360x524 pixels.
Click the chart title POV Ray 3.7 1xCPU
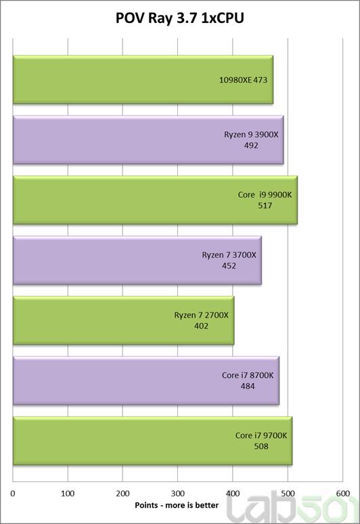[x=180, y=18]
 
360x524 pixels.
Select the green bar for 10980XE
[x=143, y=80]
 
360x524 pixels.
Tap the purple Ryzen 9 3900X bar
[x=148, y=140]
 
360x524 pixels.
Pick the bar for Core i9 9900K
[x=155, y=200]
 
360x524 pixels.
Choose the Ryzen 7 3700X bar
[x=137, y=260]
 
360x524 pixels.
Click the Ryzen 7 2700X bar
[x=123, y=320]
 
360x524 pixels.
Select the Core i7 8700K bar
[x=146, y=381]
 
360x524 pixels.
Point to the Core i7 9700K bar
[x=152, y=441]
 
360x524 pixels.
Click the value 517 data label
[x=265, y=206]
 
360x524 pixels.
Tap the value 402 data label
[x=202, y=326]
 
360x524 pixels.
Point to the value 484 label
[x=248, y=386]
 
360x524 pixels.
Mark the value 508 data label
[x=261, y=446]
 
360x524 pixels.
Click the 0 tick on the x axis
[x=13, y=494]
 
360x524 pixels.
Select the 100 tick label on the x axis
[x=68, y=494]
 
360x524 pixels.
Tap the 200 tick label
[x=122, y=494]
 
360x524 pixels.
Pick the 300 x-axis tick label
[x=178, y=494]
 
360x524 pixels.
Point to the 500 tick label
[x=288, y=494]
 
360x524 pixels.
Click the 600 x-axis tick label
[x=343, y=494]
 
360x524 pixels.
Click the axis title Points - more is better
[x=177, y=505]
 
